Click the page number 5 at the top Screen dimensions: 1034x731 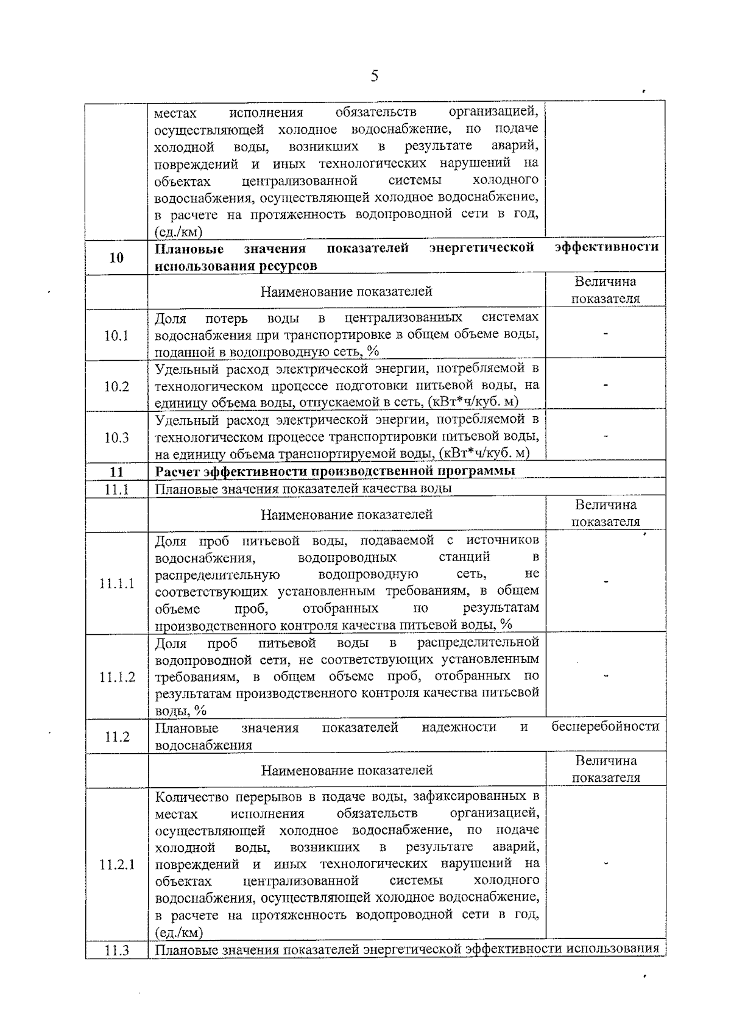pos(374,76)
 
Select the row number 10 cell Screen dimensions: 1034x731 pos(116,258)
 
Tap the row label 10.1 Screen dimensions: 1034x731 pos(116,335)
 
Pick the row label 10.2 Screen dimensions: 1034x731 pos(116,386)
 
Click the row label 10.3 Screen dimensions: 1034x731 pos(116,437)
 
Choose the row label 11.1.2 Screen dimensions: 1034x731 pos(117,677)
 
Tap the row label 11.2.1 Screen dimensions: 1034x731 pos(117,865)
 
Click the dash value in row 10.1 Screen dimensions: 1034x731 pos(606,334)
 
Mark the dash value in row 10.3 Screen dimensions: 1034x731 pos(606,436)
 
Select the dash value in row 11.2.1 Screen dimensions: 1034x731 pos(606,863)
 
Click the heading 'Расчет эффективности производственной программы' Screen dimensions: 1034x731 pos(335,471)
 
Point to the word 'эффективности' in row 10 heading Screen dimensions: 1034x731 pos(607,247)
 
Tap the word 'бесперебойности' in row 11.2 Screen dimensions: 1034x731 pos(606,726)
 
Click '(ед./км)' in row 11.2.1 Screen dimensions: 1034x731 pos(179,932)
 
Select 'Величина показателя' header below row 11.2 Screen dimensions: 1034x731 pos(606,769)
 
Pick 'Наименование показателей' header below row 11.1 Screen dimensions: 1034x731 pos(347,515)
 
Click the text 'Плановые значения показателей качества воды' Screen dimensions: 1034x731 pos(303,489)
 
